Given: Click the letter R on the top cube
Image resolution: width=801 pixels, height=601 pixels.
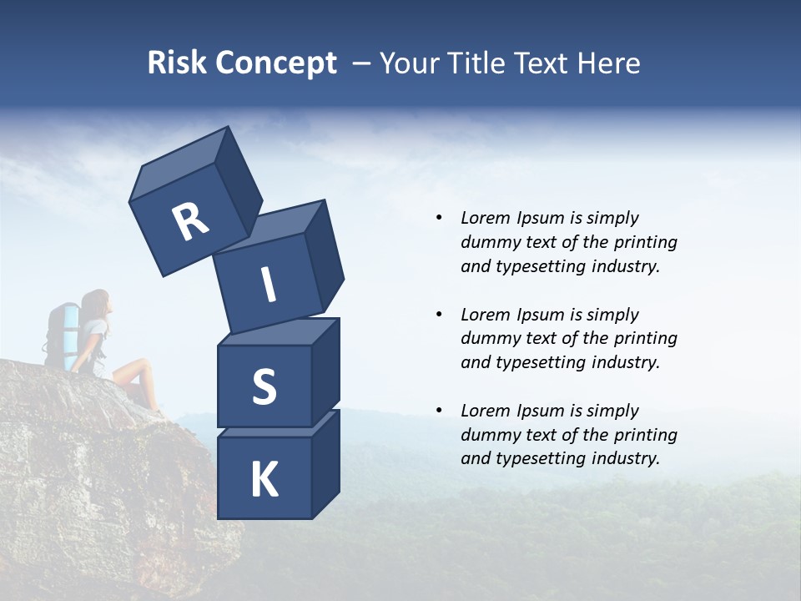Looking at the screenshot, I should [190, 222].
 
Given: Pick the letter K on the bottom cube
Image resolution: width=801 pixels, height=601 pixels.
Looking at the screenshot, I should [264, 480].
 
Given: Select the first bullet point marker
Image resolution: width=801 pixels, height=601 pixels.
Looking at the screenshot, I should [439, 219].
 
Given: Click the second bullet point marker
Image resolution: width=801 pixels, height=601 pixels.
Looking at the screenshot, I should [439, 316].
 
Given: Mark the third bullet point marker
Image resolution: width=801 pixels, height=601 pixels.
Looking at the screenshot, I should [439, 412].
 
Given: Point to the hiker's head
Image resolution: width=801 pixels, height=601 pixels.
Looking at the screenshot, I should [98, 301].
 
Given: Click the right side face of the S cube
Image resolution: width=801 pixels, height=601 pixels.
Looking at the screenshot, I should [325, 371].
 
